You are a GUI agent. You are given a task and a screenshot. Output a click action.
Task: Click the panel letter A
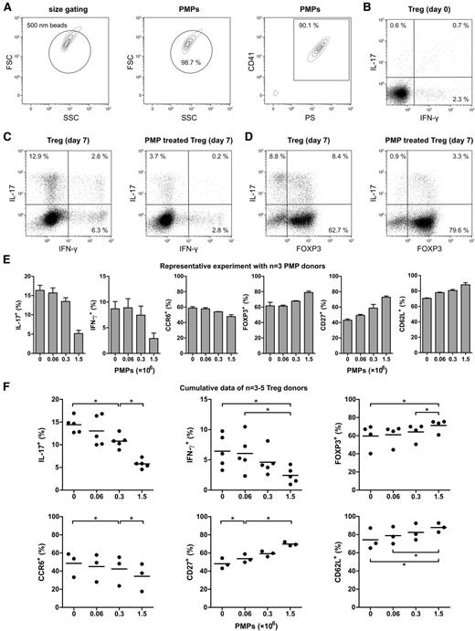[x=6, y=7]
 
